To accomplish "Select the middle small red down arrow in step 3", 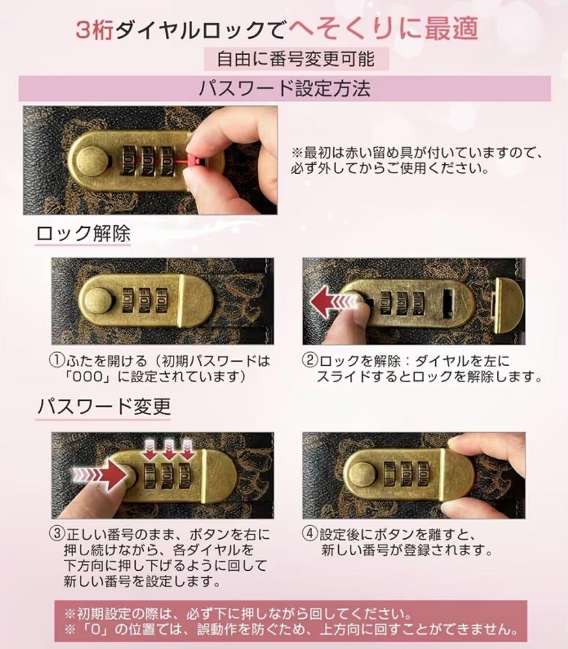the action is point(169,450).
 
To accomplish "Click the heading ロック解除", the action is point(83,234).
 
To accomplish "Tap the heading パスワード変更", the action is point(103,406).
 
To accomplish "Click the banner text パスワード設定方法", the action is point(285,88).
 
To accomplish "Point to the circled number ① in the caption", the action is point(56,361).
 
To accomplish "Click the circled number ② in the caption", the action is point(309,361).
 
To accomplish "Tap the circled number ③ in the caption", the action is point(56,534).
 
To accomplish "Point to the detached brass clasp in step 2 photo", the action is point(509,305).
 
